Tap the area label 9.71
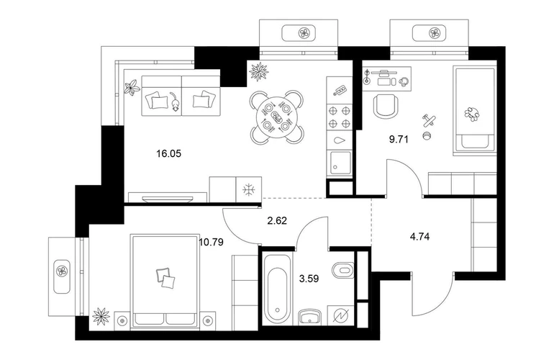pos(398,140)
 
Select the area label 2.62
pos(276,221)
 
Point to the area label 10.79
pos(211,242)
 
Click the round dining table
pos(276,114)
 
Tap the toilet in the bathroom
pos(341,271)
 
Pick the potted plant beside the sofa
pos(131,89)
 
